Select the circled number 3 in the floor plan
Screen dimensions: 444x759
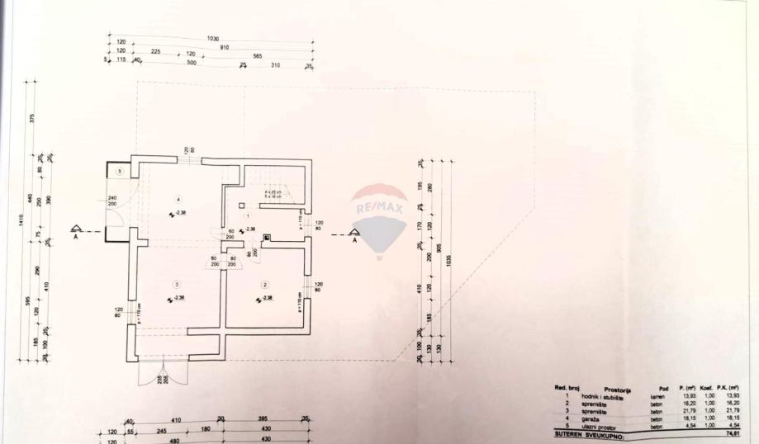[176, 284]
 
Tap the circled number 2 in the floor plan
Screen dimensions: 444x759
[265, 285]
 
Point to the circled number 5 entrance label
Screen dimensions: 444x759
[120, 171]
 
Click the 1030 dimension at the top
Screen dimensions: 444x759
[213, 39]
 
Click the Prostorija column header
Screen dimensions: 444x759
[618, 389]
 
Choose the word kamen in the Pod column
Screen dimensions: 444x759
[657, 396]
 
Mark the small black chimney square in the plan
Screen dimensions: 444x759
[266, 238]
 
